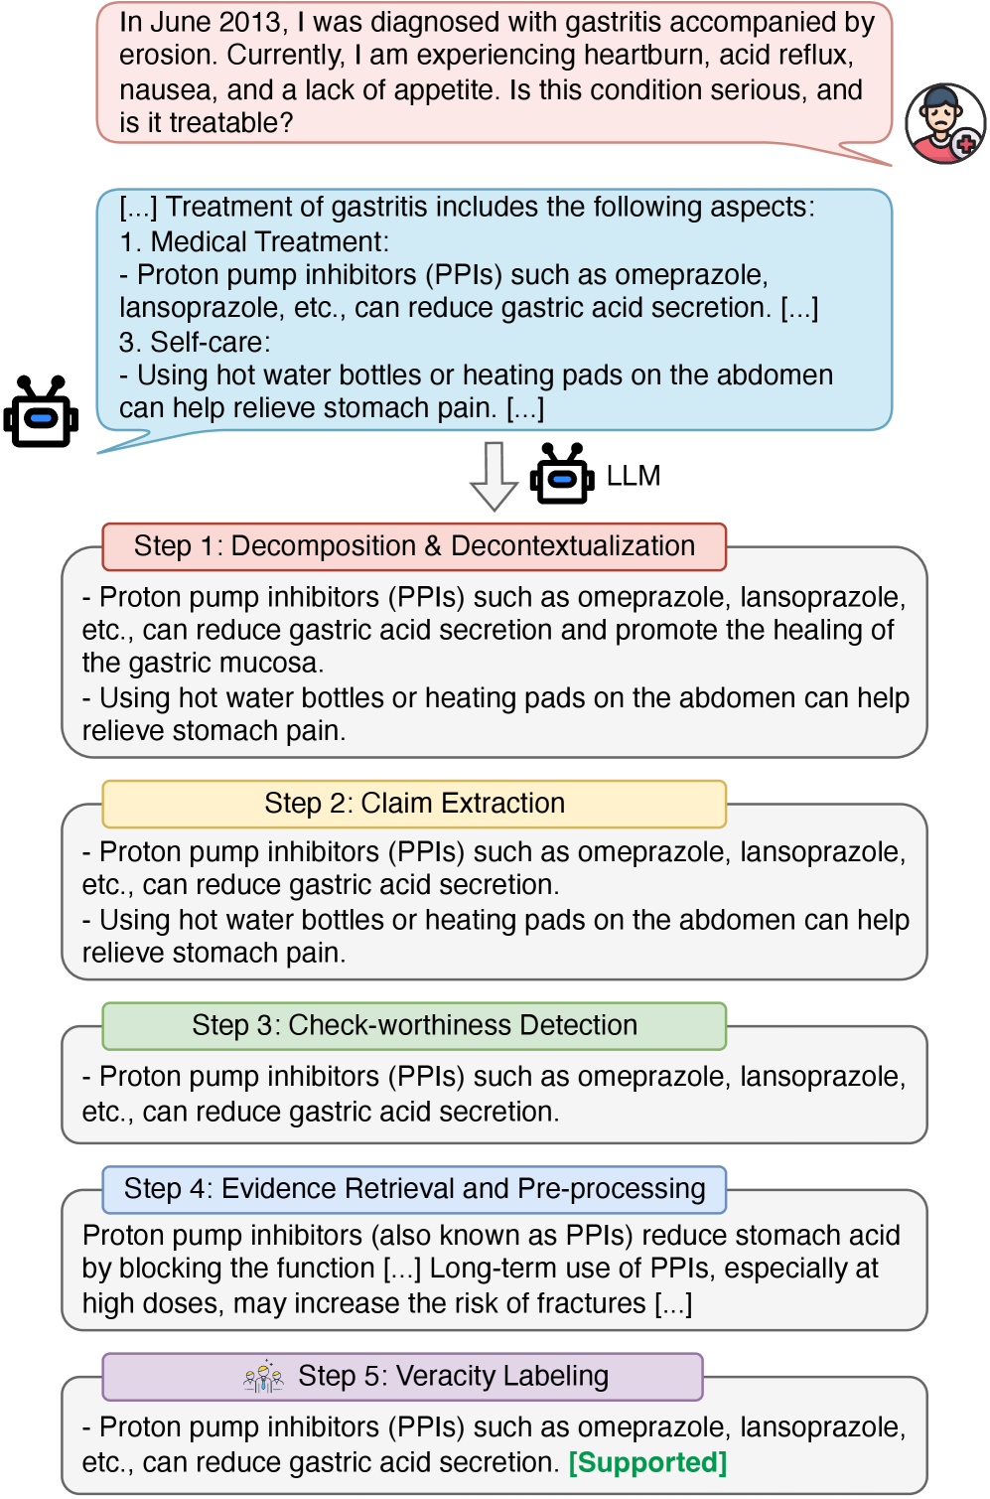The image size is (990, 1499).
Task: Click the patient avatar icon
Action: [944, 123]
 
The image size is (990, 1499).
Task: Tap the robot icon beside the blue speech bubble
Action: [41, 412]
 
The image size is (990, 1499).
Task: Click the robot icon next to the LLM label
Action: [562, 475]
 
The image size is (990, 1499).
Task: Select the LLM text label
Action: [634, 476]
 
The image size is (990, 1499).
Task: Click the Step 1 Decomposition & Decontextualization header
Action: [414, 546]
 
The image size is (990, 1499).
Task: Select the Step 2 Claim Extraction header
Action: [414, 804]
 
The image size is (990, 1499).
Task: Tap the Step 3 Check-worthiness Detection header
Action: [414, 1025]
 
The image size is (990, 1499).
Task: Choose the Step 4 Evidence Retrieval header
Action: [414, 1189]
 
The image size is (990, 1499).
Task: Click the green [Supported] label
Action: [647, 1462]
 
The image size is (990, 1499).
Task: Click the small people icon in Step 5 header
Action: [263, 1377]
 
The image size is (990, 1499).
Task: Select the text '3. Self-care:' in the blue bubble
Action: [195, 342]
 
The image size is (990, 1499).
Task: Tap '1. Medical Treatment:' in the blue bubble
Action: [254, 241]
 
